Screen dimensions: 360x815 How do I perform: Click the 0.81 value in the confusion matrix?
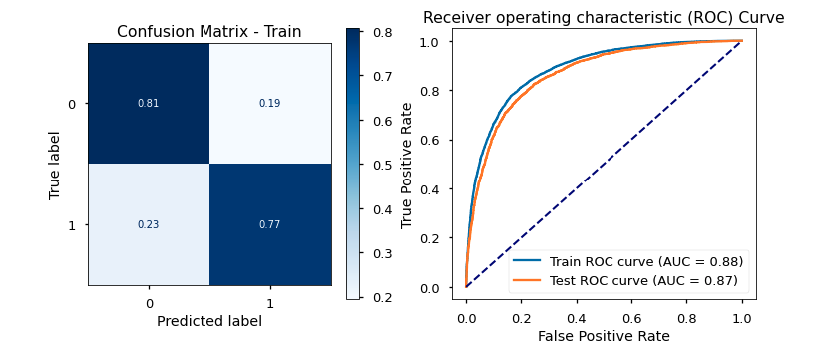click(149, 103)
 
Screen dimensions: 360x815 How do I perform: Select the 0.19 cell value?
click(270, 103)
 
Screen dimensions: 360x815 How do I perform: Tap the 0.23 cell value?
click(149, 224)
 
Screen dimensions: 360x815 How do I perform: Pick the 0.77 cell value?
click(270, 224)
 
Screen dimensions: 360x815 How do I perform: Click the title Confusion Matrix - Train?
click(208, 32)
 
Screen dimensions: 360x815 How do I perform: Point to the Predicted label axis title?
click(209, 321)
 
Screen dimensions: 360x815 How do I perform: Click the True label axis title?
click(56, 164)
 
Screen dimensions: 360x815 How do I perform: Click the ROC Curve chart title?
click(604, 18)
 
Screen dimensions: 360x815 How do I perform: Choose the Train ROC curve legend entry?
click(642, 261)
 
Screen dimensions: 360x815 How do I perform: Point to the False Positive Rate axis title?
click(604, 337)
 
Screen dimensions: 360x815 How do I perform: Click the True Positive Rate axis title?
click(407, 164)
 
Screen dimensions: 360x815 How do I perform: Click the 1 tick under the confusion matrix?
click(270, 302)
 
